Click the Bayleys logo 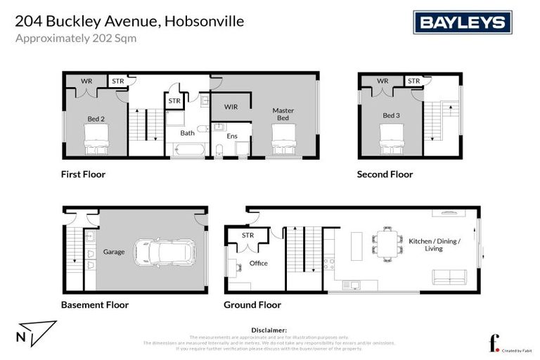tap(462, 22)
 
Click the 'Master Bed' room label tap(283, 114)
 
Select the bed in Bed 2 tap(95, 139)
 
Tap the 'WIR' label tap(231, 107)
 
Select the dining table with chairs tap(385, 243)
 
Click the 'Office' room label tap(258, 264)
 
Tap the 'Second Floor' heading tap(385, 174)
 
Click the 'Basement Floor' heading tap(95, 305)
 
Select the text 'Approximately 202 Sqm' tap(76, 39)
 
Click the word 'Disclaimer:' tap(269, 329)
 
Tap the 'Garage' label tap(114, 251)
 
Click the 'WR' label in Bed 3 tap(382, 81)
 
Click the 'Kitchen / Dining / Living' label tap(435, 245)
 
